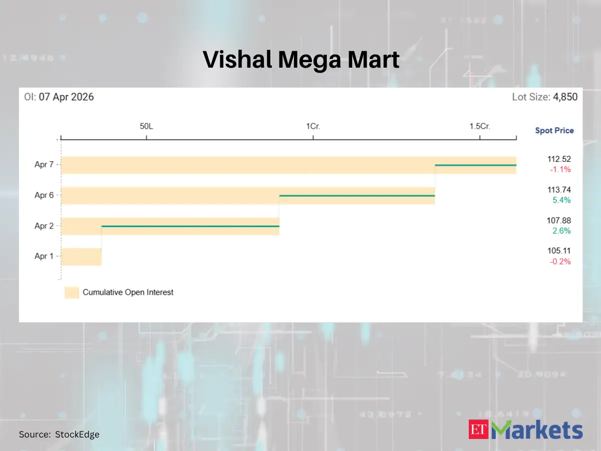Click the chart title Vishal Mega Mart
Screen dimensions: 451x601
pos(301,60)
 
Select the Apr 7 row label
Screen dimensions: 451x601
pos(44,165)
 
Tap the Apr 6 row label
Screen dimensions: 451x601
pos(44,195)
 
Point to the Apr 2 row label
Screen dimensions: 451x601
pos(44,226)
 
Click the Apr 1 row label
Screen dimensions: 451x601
pos(44,256)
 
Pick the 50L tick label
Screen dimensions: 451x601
pos(146,126)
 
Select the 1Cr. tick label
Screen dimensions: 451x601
pos(313,126)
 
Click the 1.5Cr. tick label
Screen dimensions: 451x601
pos(479,126)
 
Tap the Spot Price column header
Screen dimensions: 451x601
pos(554,130)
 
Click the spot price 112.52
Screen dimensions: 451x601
pos(559,159)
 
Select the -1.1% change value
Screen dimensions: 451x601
pos(560,169)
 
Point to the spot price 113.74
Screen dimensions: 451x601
pos(559,190)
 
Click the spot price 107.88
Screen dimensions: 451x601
pos(559,220)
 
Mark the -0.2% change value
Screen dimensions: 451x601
pos(560,261)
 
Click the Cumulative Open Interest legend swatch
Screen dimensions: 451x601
pos(72,292)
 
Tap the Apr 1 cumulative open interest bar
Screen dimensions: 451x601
pos(81,257)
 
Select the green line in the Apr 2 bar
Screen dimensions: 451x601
pos(190,227)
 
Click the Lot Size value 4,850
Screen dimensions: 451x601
pos(565,97)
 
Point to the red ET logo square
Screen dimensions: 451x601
pos(478,429)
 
